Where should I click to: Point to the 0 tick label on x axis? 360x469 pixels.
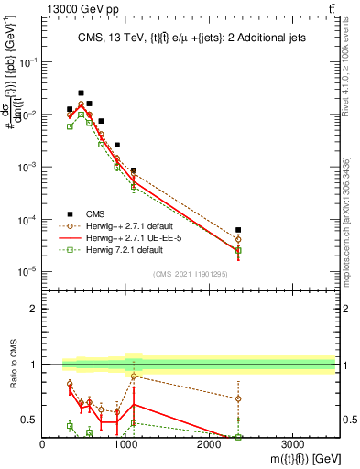click(x=43, y=443)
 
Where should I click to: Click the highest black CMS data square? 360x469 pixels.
click(x=81, y=93)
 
